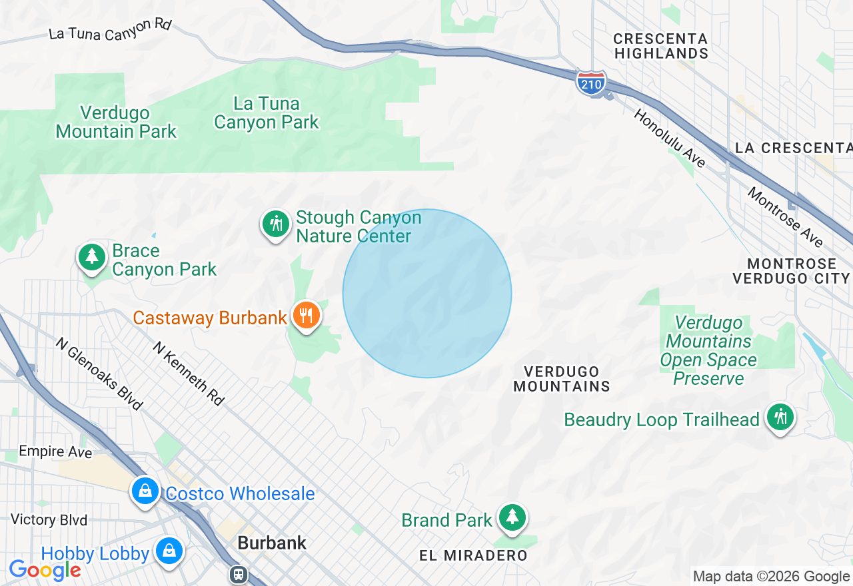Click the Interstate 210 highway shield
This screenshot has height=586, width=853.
[x=591, y=83]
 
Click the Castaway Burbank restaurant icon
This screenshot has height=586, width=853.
[x=306, y=316]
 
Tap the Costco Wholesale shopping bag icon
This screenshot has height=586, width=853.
[x=145, y=491]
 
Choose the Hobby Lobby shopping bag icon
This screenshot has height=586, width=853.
[x=170, y=551]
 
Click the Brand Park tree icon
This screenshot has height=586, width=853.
[x=512, y=517]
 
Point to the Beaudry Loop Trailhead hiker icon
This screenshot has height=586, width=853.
[x=780, y=418]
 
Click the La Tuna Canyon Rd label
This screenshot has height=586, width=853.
[x=111, y=29]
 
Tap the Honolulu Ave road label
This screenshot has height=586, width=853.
[x=669, y=139]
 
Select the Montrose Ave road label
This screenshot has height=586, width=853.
[x=785, y=217]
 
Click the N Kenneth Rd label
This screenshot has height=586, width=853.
[x=188, y=374]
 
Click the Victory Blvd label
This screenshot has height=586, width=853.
[x=49, y=519]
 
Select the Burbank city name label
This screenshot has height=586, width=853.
[x=272, y=543]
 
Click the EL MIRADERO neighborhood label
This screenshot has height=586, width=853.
[x=473, y=555]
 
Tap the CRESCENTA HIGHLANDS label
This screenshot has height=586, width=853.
[x=661, y=46]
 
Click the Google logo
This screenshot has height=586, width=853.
[x=45, y=570]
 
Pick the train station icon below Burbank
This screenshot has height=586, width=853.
[x=238, y=574]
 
